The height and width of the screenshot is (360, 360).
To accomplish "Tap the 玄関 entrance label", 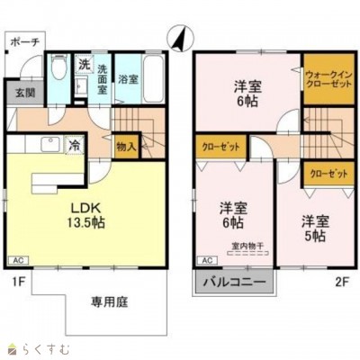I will (x=17, y=92).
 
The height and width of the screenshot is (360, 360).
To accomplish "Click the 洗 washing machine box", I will (x=82, y=65).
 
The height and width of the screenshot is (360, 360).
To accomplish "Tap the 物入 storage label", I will (x=126, y=145).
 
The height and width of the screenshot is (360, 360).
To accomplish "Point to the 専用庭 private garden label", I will (x=107, y=303).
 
